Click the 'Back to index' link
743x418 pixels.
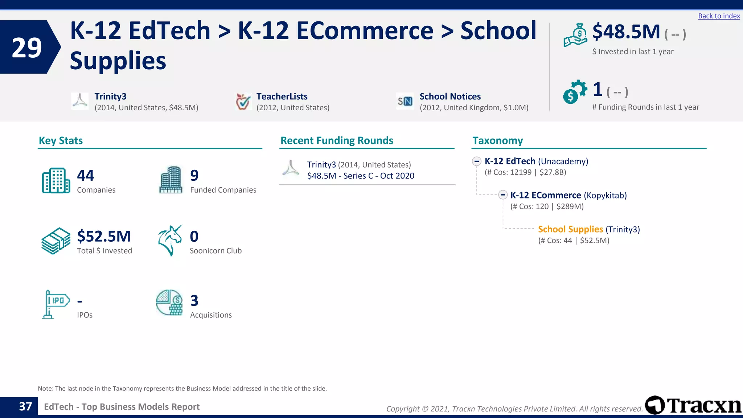719,16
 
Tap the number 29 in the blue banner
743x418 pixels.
26,48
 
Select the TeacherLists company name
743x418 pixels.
282,97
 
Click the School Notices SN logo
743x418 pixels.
405,101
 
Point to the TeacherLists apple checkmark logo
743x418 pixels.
243,101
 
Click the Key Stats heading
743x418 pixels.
61,140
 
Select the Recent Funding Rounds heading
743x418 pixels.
337,140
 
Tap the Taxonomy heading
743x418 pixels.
497,140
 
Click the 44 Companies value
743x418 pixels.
86,176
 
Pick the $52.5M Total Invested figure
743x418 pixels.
104,236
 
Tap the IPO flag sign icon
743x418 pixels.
56,304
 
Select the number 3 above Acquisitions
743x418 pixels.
194,300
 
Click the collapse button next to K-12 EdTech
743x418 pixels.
477,161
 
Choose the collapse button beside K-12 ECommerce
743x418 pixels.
502,195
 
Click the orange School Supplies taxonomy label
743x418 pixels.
570,229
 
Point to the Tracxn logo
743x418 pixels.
693,405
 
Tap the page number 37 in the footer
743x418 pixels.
25,406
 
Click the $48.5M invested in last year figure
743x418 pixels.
626,32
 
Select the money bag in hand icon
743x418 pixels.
575,35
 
